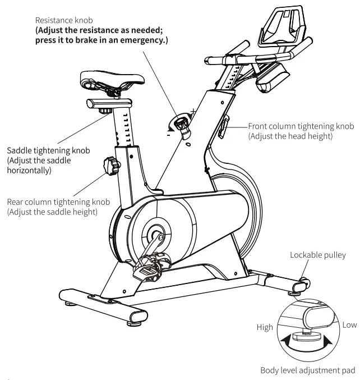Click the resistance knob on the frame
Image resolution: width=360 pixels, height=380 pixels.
[183, 124]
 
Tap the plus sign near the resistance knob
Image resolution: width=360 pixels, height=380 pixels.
[193, 111]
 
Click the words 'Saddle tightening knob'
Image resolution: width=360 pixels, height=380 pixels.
[48, 151]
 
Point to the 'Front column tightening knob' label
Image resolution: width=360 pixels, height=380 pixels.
[301, 127]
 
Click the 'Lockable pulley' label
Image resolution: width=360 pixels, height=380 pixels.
[318, 255]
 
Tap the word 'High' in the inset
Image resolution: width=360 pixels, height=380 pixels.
[265, 327]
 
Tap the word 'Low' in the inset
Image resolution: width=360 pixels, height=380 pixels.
[349, 325]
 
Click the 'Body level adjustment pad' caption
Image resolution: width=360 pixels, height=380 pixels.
[308, 370]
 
